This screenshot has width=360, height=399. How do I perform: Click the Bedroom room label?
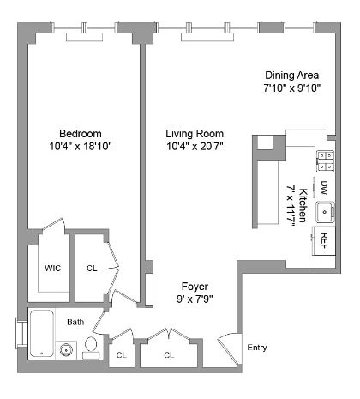point(81,133)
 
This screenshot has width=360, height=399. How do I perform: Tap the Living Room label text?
point(195,134)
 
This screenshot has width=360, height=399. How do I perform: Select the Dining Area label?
point(291,76)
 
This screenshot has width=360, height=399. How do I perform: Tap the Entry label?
point(256,348)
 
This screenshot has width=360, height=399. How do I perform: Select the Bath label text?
point(76,322)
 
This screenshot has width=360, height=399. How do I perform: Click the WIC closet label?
point(52,268)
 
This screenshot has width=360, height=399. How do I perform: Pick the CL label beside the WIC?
point(92,268)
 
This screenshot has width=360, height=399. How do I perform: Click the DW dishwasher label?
point(325,186)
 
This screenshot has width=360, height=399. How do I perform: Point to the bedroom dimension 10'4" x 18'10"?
point(81,147)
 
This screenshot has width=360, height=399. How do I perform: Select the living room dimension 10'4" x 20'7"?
point(195,148)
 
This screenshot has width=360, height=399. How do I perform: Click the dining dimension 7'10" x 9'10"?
point(291,88)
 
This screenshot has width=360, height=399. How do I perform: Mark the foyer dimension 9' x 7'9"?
point(195,299)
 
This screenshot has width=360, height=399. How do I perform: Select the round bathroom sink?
point(67,348)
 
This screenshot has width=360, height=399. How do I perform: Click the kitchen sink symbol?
point(325,210)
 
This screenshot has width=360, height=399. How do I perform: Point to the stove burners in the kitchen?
point(326,160)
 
